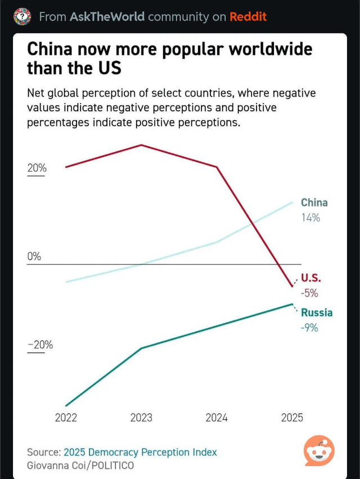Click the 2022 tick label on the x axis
click(x=66, y=418)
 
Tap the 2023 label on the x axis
click(x=141, y=418)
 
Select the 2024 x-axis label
click(x=217, y=418)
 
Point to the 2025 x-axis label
click(x=292, y=418)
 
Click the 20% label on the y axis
click(x=37, y=168)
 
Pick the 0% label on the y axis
click(x=34, y=257)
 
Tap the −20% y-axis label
click(x=40, y=345)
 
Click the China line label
click(x=314, y=203)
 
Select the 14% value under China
click(x=310, y=217)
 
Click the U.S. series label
click(x=310, y=277)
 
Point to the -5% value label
click(x=309, y=293)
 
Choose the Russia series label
click(x=317, y=312)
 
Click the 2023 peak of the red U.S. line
click(x=141, y=145)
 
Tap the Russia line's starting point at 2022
click(x=66, y=405)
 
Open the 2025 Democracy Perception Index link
click(x=140, y=452)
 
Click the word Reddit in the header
click(x=247, y=17)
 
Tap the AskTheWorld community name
click(x=106, y=17)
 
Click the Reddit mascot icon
click(x=319, y=450)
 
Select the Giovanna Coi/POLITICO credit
click(x=80, y=465)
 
